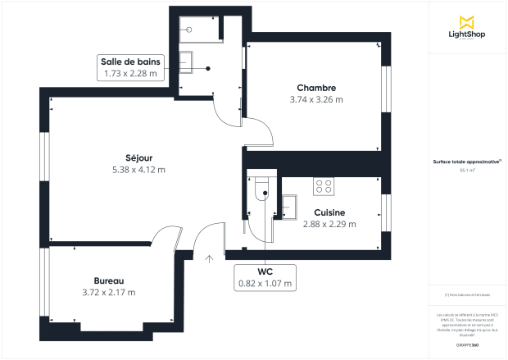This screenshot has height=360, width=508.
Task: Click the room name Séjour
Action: pyautogui.click(x=138, y=157)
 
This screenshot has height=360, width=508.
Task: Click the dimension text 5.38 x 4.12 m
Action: pyautogui.click(x=138, y=170)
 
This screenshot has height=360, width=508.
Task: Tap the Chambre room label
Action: pyautogui.click(x=316, y=88)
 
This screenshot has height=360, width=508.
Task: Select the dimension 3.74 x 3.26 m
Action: pyautogui.click(x=316, y=99)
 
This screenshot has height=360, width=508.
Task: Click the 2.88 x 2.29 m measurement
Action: pyautogui.click(x=329, y=223)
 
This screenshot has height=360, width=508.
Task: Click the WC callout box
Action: pyautogui.click(x=265, y=277)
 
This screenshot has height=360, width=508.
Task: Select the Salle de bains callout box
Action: pyautogui.click(x=130, y=67)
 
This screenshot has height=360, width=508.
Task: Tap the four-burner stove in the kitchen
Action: pyautogui.click(x=324, y=187)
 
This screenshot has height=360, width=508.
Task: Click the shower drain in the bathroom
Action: pyautogui.click(x=189, y=29)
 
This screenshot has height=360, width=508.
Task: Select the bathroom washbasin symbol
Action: pyautogui.click(x=188, y=61)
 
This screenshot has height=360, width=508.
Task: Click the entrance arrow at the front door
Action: pyautogui.click(x=210, y=258)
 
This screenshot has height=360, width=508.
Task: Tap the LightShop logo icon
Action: pyautogui.click(x=468, y=20)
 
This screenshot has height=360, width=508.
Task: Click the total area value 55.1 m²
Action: pyautogui.click(x=468, y=171)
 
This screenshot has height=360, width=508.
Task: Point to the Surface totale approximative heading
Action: pyautogui.click(x=468, y=162)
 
